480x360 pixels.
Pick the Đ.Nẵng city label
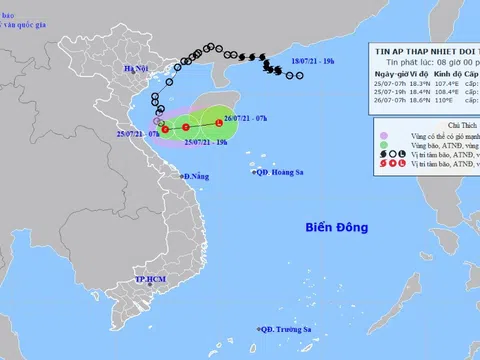tap(196, 176)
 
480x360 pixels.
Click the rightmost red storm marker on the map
tap(219, 123)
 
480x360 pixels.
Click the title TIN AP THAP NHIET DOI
tap(419, 48)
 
